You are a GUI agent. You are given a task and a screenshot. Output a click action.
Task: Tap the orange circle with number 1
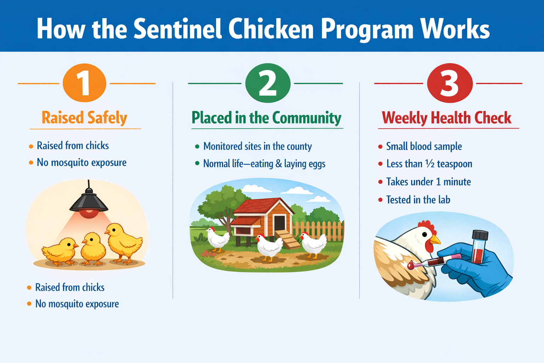pyautogui.click(x=84, y=83)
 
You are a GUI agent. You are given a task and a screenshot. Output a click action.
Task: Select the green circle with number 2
pyautogui.click(x=268, y=83)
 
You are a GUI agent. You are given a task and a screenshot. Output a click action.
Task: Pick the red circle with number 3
pyautogui.click(x=449, y=83)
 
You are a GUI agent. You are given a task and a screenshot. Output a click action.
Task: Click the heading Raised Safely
pyautogui.click(x=84, y=118)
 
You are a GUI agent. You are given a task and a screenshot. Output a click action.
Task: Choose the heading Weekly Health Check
pyautogui.click(x=447, y=118)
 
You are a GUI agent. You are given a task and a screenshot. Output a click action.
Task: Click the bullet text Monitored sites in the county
pyautogui.click(x=257, y=146)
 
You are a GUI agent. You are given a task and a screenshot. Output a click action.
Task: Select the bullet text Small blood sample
pyautogui.click(x=424, y=146)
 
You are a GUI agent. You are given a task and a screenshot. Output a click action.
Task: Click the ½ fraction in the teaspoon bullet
pyautogui.click(x=430, y=164)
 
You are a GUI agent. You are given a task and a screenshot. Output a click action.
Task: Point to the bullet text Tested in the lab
pyautogui.click(x=418, y=200)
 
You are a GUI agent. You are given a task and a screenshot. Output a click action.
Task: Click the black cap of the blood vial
pyautogui.click(x=480, y=235)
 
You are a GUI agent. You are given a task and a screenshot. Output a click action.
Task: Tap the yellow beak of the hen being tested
pyautogui.click(x=436, y=240)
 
